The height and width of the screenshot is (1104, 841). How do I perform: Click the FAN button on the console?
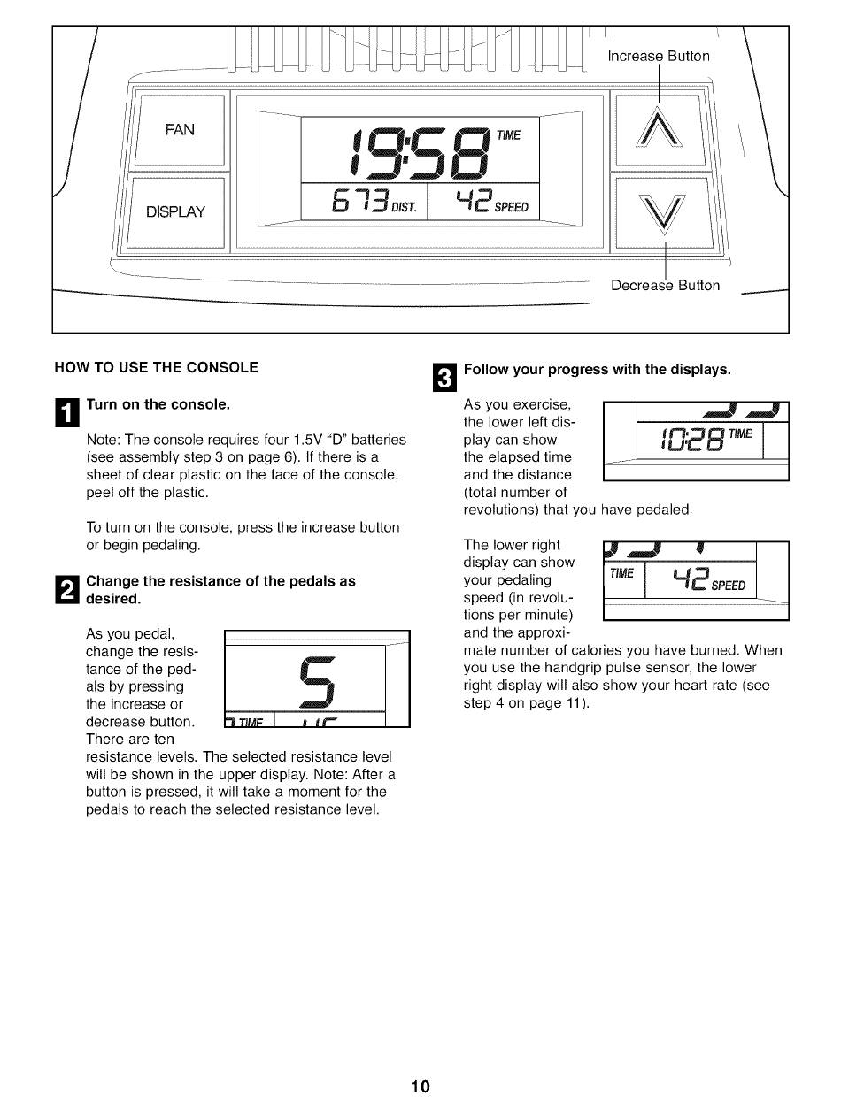pos(180,130)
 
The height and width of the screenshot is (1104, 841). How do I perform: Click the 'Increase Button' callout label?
pos(659,57)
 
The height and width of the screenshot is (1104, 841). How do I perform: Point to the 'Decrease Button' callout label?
pos(665,286)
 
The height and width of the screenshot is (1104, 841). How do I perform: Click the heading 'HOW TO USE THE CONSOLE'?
pos(157,367)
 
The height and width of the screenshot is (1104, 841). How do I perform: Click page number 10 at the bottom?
pos(420,1086)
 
